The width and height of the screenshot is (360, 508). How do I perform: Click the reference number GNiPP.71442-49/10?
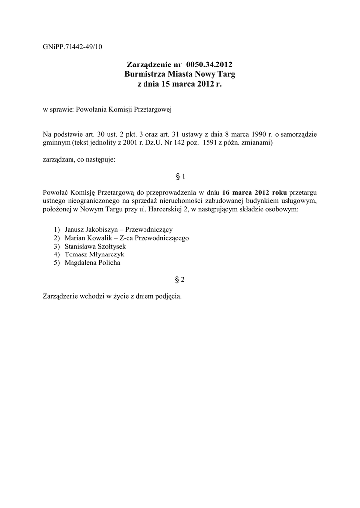pyautogui.click(x=72, y=47)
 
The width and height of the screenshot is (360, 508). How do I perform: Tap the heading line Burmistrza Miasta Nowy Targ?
pyautogui.click(x=180, y=74)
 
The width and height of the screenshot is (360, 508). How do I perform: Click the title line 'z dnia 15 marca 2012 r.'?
pyautogui.click(x=180, y=84)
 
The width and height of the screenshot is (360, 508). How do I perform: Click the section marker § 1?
pyautogui.click(x=180, y=176)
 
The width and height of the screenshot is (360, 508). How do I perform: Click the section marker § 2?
pyautogui.click(x=180, y=280)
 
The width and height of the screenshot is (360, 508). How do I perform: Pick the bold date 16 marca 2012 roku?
pyautogui.click(x=254, y=192)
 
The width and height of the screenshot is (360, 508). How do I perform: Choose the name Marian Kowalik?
pyautogui.click(x=87, y=238)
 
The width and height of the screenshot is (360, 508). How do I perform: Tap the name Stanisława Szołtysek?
pyautogui.click(x=95, y=247)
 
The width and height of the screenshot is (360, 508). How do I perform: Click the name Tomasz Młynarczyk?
pyautogui.click(x=94, y=254)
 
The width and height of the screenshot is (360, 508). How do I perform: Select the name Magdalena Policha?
pyautogui.click(x=92, y=263)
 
